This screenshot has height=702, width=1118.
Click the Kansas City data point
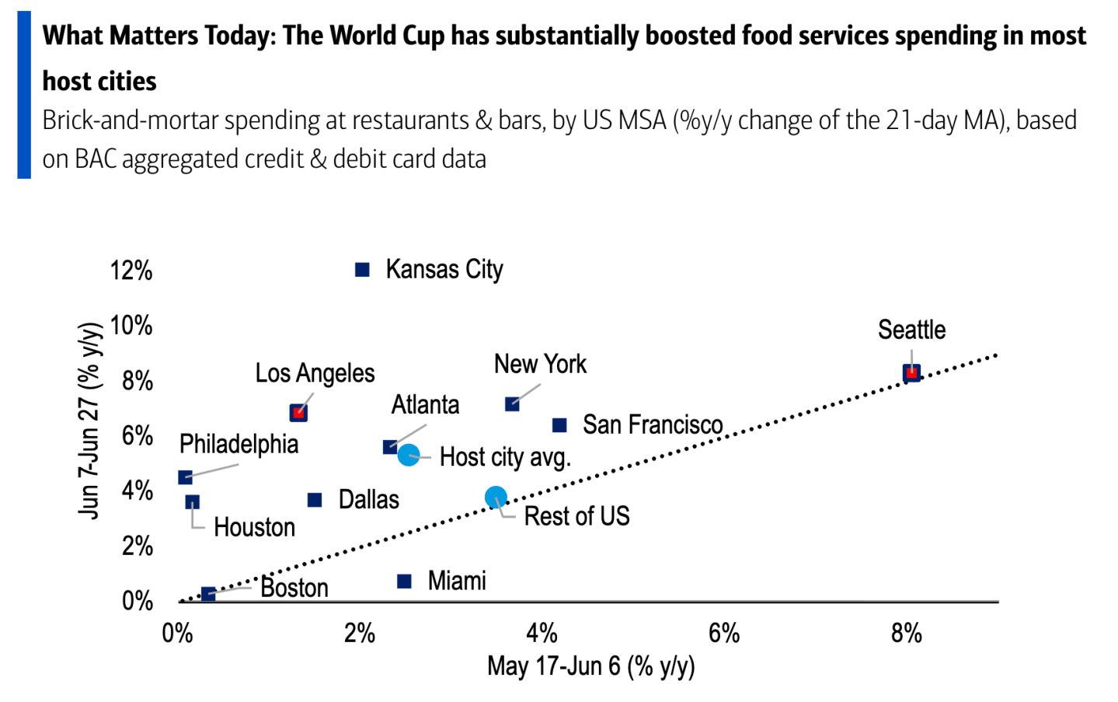pos(362,270)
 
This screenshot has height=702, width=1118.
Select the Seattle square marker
pos(911,373)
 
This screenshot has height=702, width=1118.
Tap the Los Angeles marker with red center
pos(298,413)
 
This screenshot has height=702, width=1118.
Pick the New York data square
pos(512,404)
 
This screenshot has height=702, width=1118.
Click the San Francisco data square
pos(559,425)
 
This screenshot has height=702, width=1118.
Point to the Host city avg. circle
pos(408,455)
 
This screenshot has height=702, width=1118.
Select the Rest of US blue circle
pos(496,498)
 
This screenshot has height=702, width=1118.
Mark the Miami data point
pos(404,582)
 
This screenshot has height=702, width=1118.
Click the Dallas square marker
pos(315,500)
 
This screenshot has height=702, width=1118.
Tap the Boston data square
pos(208,594)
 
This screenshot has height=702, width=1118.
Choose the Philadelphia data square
pos(185,477)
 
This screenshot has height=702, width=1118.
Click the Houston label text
pos(255,528)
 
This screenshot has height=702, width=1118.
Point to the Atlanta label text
pos(425,404)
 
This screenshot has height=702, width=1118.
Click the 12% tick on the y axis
pos(131,271)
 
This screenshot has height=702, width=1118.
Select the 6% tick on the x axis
pos(724,634)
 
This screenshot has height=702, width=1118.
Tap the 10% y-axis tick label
pos(131,326)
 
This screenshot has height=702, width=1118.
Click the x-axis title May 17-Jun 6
pos(591,666)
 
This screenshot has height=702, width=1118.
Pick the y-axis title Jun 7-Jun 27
pos(90,421)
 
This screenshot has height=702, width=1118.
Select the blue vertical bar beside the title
pos(24,94)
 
